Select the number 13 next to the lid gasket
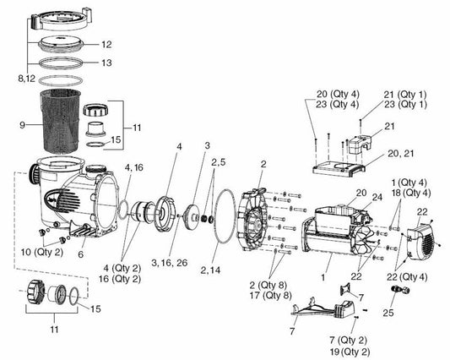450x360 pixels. (106, 63)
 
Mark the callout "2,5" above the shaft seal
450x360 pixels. (218, 160)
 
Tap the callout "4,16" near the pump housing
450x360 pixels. (133, 167)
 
